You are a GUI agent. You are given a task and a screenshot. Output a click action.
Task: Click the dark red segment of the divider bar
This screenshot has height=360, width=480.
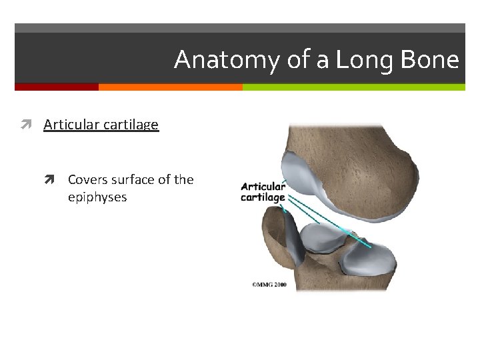[56, 87]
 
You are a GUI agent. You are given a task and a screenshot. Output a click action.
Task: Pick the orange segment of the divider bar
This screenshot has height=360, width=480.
[170, 87]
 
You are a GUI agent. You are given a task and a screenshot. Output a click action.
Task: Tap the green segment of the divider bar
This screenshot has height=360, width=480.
[353, 87]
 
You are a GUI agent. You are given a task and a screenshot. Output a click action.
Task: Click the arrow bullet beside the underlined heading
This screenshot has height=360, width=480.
[31, 125]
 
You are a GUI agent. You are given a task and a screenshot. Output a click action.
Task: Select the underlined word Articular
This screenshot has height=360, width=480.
[70, 125]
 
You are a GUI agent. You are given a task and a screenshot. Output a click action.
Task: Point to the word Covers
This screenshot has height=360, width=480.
[88, 179]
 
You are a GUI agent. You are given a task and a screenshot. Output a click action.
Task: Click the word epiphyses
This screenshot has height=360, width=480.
[97, 197]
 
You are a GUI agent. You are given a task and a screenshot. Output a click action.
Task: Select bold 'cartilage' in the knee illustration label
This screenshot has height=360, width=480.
[263, 197]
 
